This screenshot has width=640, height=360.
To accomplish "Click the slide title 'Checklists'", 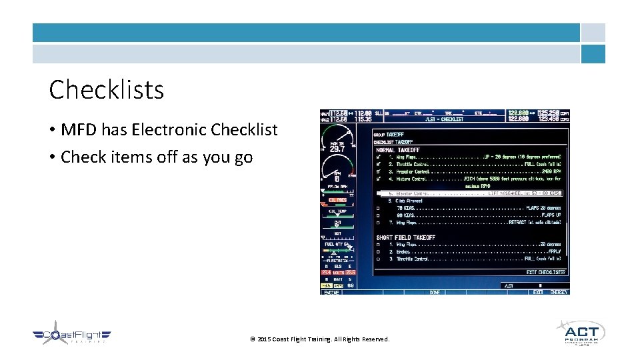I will tap(107, 89).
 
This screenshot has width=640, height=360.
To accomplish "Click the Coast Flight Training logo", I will tap(72, 337).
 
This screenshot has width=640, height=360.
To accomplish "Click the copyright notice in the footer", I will tap(320, 339).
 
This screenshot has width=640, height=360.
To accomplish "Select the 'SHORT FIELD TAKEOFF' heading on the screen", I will tap(405, 237).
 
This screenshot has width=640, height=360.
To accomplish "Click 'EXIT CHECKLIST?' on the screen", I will tap(545, 272).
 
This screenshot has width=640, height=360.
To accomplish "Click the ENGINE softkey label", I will tap(331, 292).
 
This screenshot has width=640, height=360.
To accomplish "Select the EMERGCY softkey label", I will tap(558, 292).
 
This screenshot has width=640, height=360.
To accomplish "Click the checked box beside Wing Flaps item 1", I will tap(378, 158).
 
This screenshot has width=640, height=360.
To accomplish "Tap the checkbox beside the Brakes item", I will tap(378, 252).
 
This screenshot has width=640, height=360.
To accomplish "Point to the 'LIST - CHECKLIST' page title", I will tap(453, 119).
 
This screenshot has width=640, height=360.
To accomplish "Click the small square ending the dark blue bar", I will tap(593, 33).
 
